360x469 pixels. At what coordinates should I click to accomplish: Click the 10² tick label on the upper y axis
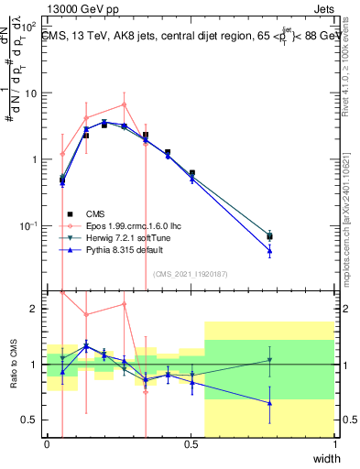click(27, 27)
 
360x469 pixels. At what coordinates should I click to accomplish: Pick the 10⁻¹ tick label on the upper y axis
click(27, 225)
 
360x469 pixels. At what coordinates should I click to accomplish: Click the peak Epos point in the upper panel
click(124, 104)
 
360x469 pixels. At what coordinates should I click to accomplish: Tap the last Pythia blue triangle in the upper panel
click(269, 250)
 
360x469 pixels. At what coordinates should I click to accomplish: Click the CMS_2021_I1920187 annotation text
click(190, 273)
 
